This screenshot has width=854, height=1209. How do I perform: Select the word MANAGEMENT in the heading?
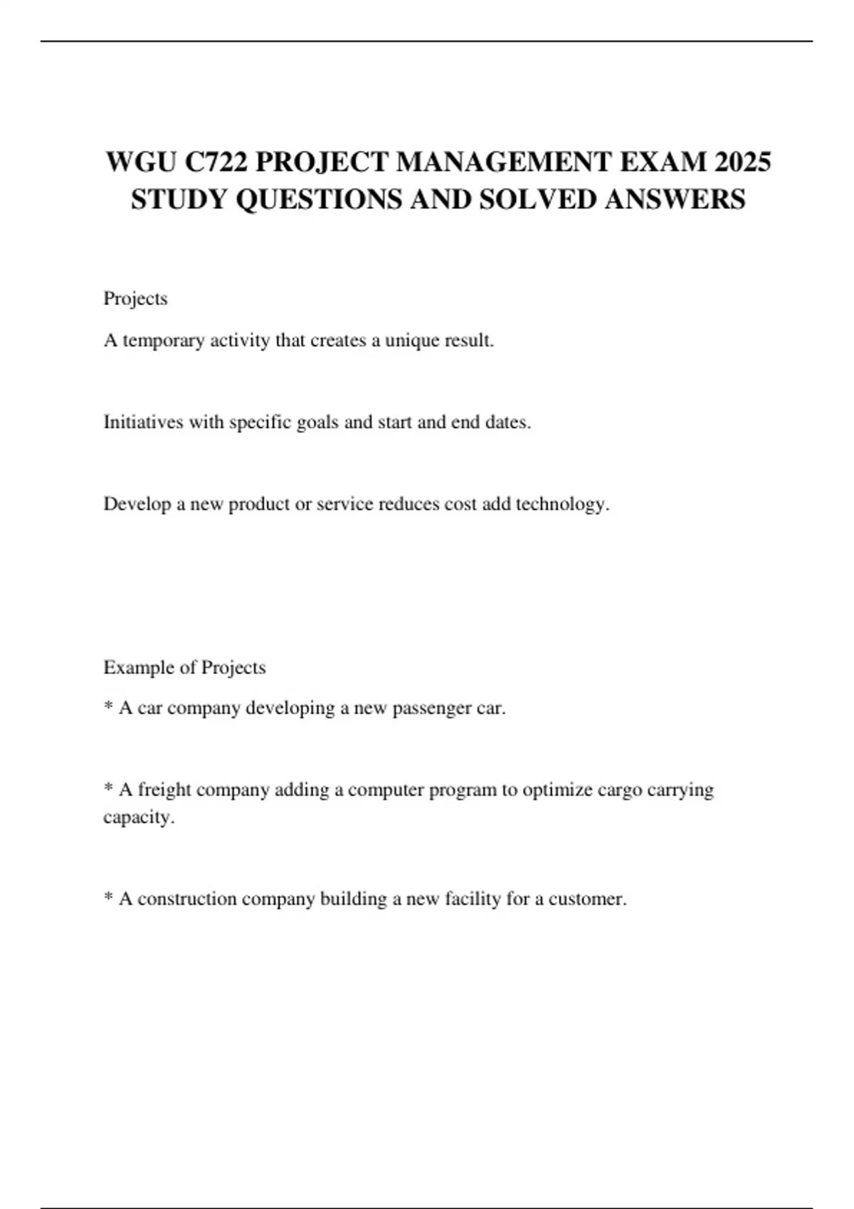505,162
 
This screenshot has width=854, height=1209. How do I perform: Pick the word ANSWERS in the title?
675,199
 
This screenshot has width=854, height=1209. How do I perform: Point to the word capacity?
137,817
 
